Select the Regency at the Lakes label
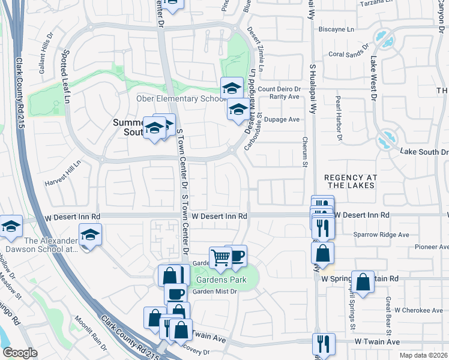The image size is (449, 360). (350, 181)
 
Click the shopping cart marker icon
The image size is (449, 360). (220, 257)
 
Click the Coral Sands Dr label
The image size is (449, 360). (348, 53)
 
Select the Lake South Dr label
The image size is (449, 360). (424, 152)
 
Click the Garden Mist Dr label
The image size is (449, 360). (215, 292)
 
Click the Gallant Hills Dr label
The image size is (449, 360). (46, 60)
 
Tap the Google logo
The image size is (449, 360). (20, 353)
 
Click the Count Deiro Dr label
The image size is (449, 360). (279, 89)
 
